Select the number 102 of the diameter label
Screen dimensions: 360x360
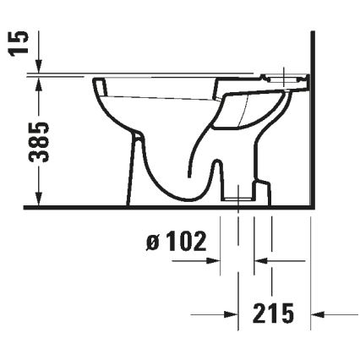(x=184, y=243)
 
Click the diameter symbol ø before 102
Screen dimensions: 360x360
(x=151, y=243)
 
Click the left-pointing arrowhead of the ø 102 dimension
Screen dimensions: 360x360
(x=263, y=262)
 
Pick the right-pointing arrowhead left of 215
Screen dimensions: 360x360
(x=230, y=314)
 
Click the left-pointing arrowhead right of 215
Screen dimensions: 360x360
(x=319, y=314)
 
